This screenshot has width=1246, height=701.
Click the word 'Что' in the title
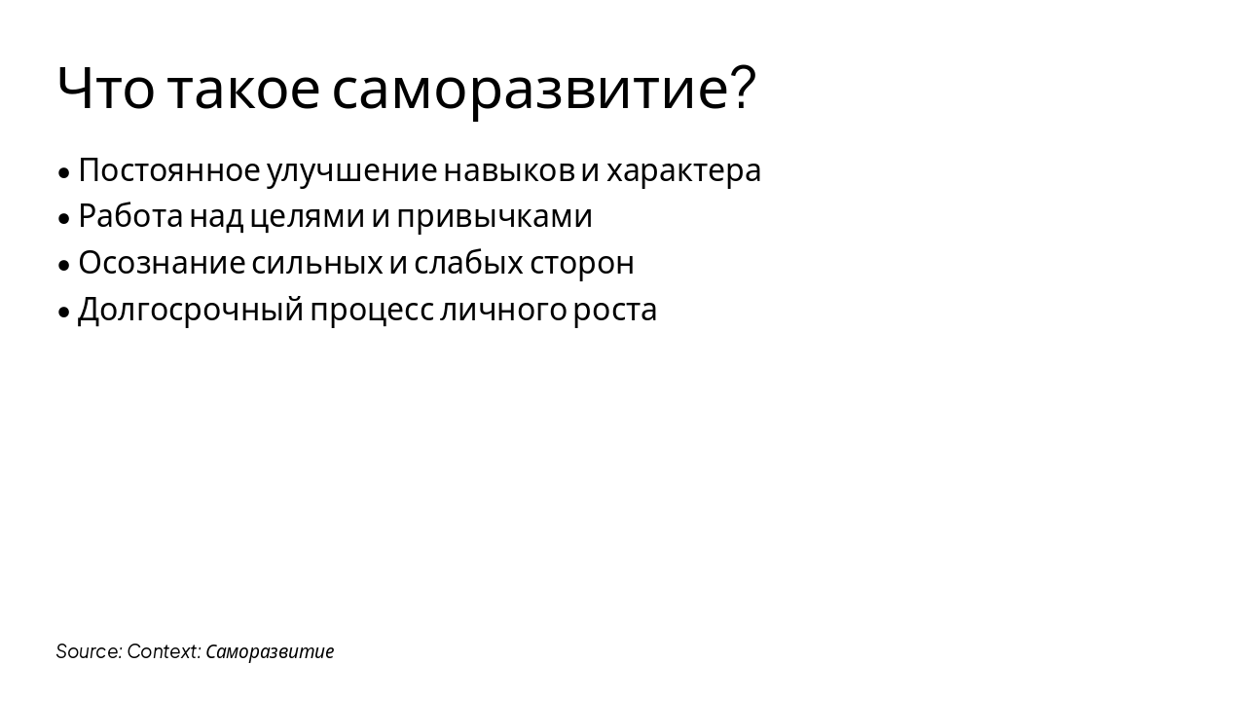(105, 89)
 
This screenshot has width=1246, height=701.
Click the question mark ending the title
(743, 89)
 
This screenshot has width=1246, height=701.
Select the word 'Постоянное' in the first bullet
(168, 170)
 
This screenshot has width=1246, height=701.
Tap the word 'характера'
(683, 170)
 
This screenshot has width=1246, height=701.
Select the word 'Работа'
(130, 216)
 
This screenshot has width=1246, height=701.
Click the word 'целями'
(307, 217)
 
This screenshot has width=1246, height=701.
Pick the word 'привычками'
(495, 217)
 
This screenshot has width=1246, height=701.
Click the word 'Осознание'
(162, 263)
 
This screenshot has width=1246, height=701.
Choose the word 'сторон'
(582, 263)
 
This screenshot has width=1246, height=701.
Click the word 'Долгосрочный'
(191, 311)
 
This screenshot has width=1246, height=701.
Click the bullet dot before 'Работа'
(64, 219)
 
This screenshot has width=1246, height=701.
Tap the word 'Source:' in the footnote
(89, 651)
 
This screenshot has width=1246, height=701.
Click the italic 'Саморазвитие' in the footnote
(270, 651)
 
